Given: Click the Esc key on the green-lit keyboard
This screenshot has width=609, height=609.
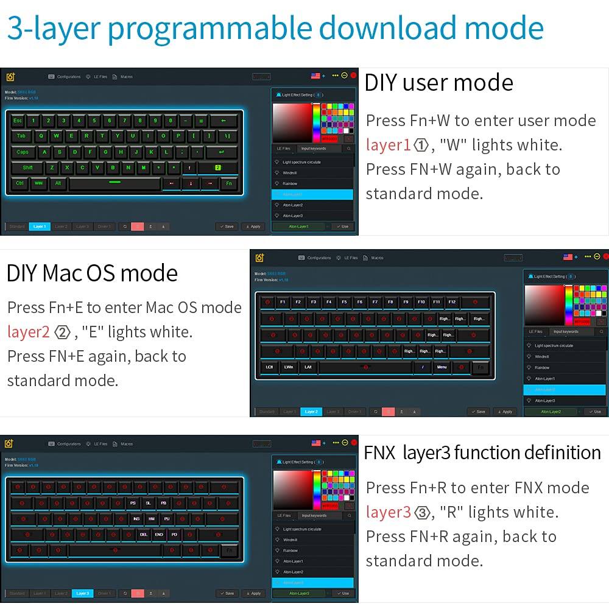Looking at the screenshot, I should pos(18,121).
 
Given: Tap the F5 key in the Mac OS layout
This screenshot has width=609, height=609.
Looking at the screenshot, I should pos(344,301).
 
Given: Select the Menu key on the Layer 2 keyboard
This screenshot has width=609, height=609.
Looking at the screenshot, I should pos(442,367).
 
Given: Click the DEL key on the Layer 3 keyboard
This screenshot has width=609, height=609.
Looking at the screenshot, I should pos(144,534).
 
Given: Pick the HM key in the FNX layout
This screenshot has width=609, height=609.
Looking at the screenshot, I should pos(151,519).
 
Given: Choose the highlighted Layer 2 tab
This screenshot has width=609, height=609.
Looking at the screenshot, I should pos(311,412).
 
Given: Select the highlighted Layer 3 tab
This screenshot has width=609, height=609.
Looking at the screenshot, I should pos(83,593).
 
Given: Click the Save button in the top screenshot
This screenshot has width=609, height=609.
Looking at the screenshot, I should pos(227,227).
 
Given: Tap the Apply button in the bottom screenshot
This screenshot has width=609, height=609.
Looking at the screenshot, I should pos(253,593).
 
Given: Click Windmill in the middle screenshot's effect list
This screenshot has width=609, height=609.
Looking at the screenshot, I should pos(542,356).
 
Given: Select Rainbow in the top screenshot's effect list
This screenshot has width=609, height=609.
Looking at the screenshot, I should pos(290,183).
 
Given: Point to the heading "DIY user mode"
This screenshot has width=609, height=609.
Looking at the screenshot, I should pos(438,83).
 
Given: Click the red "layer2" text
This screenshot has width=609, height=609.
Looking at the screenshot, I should pos(29,332).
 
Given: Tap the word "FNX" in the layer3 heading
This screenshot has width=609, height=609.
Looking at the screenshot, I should pos(379,452).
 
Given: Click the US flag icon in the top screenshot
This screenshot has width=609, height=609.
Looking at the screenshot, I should pos(315,76).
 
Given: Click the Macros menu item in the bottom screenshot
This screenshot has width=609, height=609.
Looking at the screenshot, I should pos(126,444).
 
